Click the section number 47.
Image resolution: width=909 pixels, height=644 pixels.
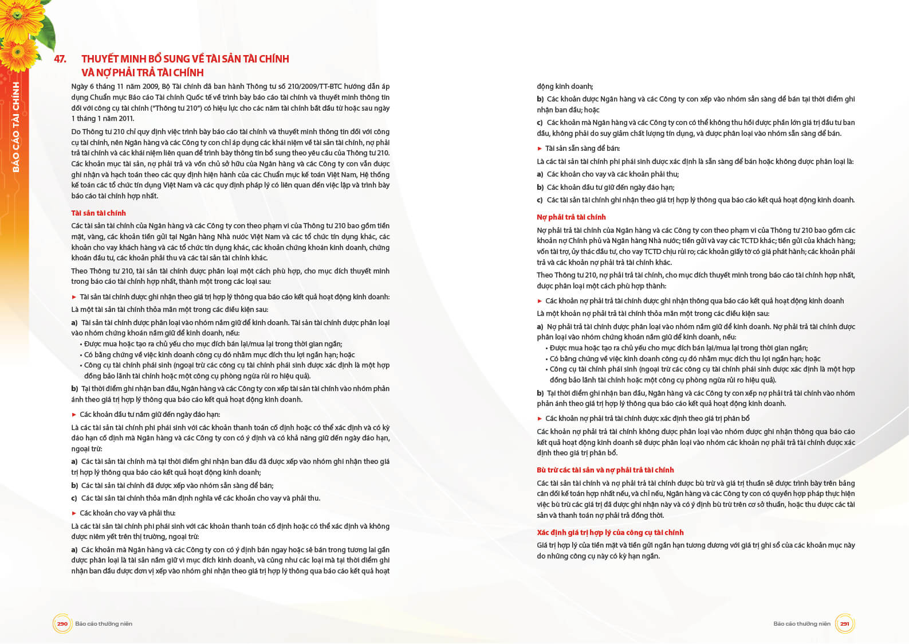point(60,59)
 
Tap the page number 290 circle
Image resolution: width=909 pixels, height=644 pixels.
point(62,623)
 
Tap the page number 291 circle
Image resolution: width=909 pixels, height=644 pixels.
point(844,623)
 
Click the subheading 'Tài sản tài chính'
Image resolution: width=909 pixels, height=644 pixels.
point(99,213)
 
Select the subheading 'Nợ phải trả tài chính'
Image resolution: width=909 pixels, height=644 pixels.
point(571,217)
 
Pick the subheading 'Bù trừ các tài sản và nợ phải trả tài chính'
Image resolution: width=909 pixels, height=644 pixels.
point(605,470)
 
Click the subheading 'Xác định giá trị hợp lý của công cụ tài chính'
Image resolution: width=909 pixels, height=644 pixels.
point(610,533)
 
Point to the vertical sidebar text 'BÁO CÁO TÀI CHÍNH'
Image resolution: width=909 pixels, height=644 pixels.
point(16,127)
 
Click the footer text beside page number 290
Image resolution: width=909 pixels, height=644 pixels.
point(104,624)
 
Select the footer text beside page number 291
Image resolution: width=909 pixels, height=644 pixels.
point(801,624)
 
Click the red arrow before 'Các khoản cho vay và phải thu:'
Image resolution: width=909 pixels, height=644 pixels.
point(74,513)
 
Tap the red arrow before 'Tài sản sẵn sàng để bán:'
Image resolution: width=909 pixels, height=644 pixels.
point(540,149)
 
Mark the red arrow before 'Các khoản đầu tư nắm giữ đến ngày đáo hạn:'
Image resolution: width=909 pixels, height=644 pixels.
point(74,415)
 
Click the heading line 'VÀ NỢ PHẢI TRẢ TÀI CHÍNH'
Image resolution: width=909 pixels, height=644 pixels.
point(143,73)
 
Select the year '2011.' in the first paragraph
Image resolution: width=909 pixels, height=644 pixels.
point(126,119)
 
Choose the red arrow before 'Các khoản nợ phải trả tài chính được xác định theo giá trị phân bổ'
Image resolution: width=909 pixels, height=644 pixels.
point(540,419)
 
